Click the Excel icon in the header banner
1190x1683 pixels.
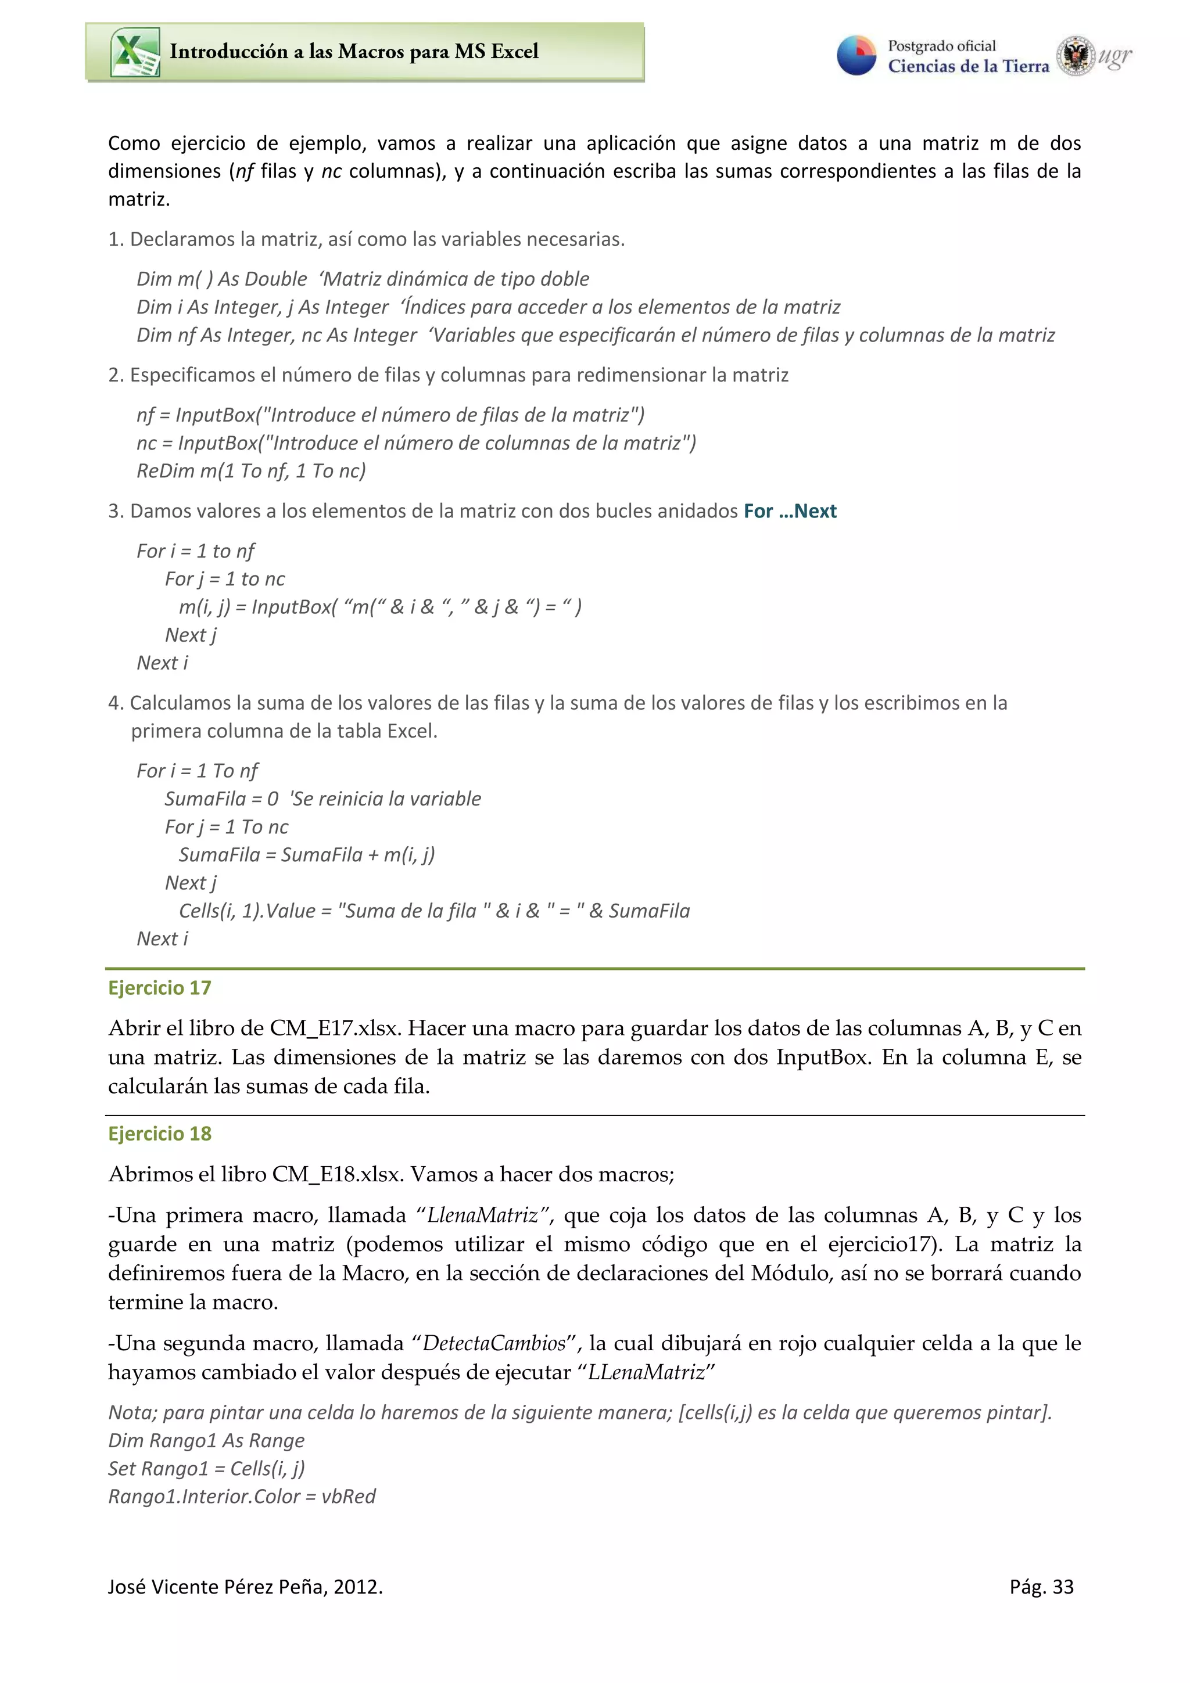[x=135, y=52]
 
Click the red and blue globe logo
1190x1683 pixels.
[x=856, y=56]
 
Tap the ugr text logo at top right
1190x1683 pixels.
[x=1114, y=56]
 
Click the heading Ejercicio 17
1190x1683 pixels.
[x=159, y=987]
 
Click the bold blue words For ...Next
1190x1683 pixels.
[x=789, y=511]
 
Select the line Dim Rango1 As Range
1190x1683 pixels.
[x=206, y=1440]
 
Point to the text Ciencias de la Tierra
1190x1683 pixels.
[x=968, y=66]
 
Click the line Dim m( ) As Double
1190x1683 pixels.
[x=221, y=279]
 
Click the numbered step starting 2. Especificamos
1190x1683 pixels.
[x=447, y=375]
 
